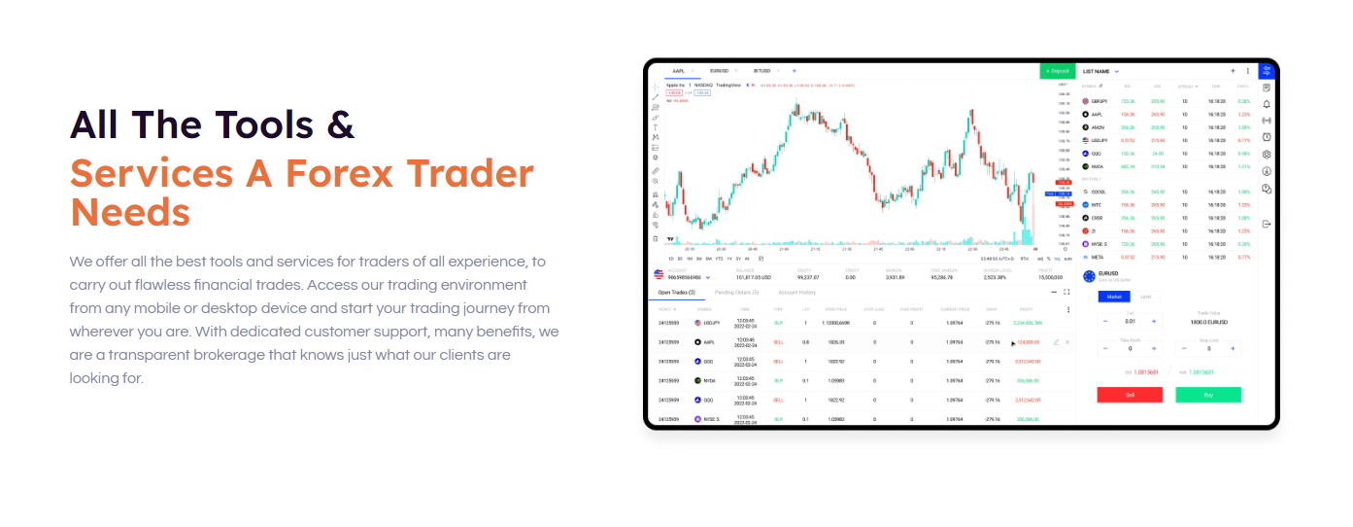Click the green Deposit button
pyautogui.click(x=1057, y=71)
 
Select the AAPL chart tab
pyautogui.click(x=678, y=71)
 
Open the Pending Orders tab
pyautogui.click(x=736, y=292)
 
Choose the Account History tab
pyautogui.click(x=796, y=292)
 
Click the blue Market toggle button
pyautogui.click(x=1114, y=297)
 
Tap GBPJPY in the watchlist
pyautogui.click(x=1099, y=101)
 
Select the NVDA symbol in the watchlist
pyautogui.click(x=1097, y=166)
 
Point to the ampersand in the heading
pyautogui.click(x=340, y=124)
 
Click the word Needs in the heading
pyautogui.click(x=129, y=211)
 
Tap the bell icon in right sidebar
pyautogui.click(x=1267, y=104)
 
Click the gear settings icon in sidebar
pyautogui.click(x=1267, y=154)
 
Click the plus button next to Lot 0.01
pyautogui.click(x=1154, y=321)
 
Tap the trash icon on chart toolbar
pyautogui.click(x=656, y=238)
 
